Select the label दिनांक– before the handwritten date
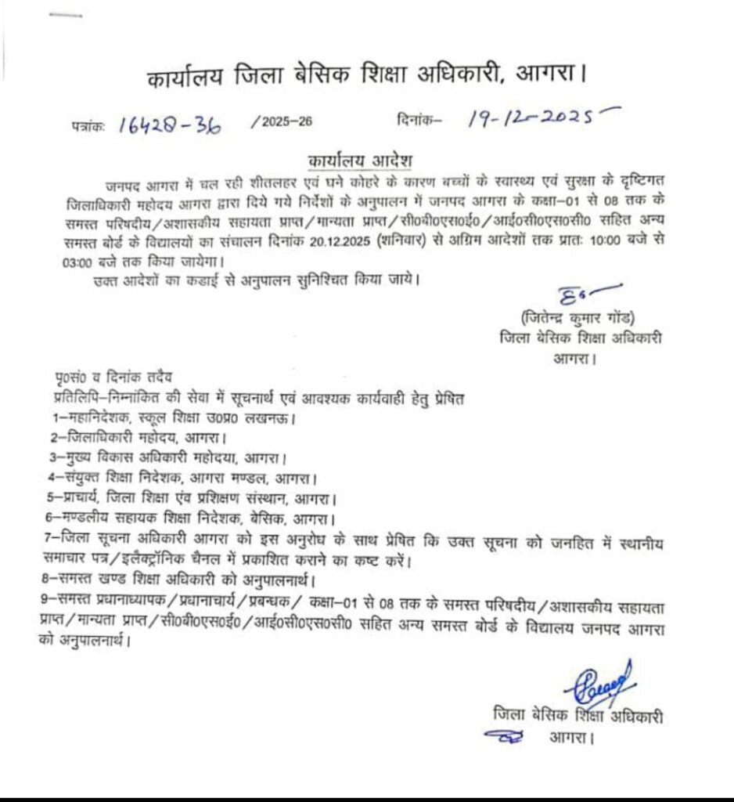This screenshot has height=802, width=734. pyautogui.click(x=418, y=120)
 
